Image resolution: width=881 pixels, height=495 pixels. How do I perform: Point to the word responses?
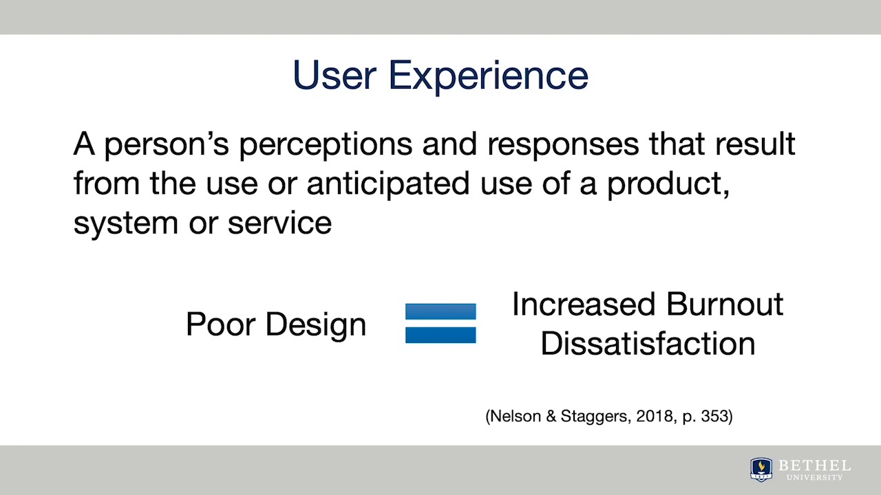coord(539,145)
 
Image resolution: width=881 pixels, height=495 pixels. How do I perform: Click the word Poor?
coord(220,324)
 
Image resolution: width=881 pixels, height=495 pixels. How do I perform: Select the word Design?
coord(316,324)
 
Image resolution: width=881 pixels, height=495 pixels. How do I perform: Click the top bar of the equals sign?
coord(440,311)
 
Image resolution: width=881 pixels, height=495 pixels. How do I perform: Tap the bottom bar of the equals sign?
coord(440,335)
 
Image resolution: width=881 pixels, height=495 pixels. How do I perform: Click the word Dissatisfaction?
coord(648,343)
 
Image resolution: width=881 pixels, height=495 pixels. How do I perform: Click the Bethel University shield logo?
coord(761,469)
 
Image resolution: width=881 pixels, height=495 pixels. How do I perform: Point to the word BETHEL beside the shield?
coord(814,465)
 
